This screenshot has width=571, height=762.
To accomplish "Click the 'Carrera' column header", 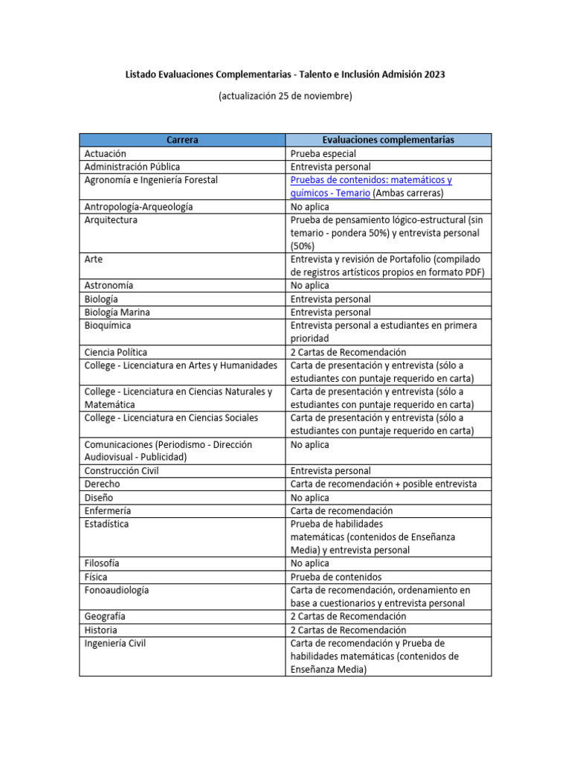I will tap(182, 140).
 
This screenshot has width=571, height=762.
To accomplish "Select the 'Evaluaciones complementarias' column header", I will tap(388, 140).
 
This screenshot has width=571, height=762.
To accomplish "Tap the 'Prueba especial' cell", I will tap(323, 153).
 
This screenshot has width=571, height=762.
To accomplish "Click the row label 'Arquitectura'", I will tap(111, 220).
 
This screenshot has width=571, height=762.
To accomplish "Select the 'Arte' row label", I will tap(94, 260).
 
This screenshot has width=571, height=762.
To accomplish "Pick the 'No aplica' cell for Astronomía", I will tap(310, 286).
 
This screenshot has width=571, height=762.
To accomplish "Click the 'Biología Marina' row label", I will tap(117, 313).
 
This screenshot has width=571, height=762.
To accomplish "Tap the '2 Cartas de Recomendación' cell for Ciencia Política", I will tap(349, 352).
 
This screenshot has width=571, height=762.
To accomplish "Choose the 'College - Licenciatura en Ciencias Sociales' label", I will tap(171, 418).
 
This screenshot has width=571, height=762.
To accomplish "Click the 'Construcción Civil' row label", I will tap(122, 471).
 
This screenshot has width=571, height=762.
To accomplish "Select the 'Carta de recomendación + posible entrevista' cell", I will tap(384, 484).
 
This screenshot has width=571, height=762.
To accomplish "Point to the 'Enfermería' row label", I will tap(108, 511).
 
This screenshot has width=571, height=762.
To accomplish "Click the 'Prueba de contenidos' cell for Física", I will tap(336, 577).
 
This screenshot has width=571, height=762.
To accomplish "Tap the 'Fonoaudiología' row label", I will tap(117, 590).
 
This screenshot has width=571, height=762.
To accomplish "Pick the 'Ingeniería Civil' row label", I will tap(115, 644).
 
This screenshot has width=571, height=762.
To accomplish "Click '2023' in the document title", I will tap(434, 75).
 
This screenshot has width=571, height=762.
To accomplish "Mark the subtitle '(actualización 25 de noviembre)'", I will tap(285, 96).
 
